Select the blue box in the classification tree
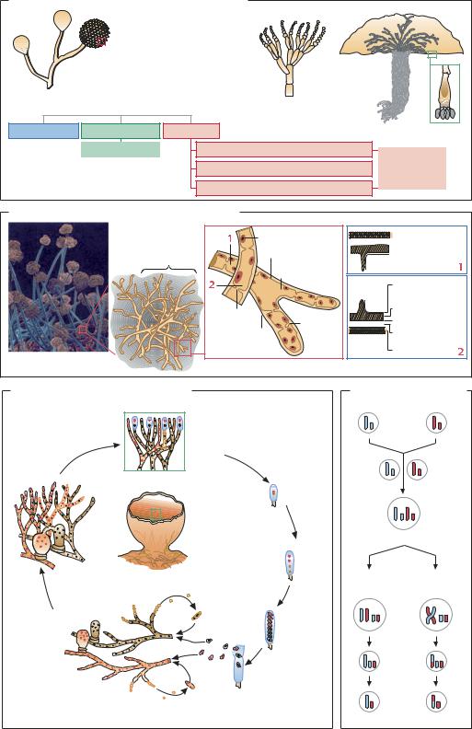tap(43, 131)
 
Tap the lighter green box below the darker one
tap(121, 149)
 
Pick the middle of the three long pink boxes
tap(284, 168)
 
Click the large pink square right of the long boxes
tap(412, 168)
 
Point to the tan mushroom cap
tap(402, 36)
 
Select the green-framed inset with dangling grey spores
tap(444, 94)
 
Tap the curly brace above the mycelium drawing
tap(169, 270)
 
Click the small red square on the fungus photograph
tap(83, 330)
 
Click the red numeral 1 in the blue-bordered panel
tap(460, 267)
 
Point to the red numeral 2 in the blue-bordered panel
tap(460, 352)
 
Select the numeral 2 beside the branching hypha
tap(212, 285)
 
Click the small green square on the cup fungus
tap(156, 515)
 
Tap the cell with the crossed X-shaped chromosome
tap(436, 614)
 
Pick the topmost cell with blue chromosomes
tap(368, 423)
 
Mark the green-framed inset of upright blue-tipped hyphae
tap(155, 441)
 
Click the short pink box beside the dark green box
tap(191, 131)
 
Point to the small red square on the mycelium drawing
tap(183, 348)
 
